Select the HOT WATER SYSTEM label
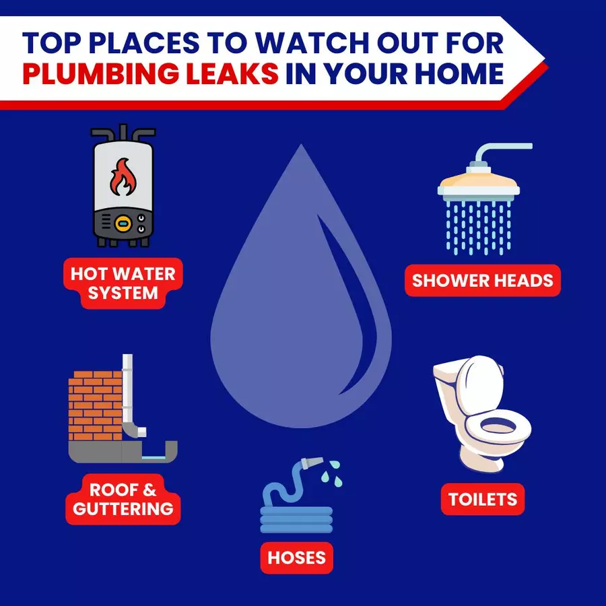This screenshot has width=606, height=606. [123, 283]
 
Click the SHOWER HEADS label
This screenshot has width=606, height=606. [483, 281]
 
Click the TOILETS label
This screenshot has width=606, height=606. [483, 499]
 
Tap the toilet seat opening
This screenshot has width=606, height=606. [498, 427]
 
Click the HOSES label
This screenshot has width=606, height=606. [297, 558]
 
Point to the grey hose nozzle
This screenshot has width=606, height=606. [312, 463]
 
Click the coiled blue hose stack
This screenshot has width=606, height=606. [296, 520]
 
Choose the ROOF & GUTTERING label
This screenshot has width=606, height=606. [123, 499]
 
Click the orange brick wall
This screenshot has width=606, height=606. [95, 406]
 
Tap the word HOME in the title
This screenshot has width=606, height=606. [459, 73]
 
